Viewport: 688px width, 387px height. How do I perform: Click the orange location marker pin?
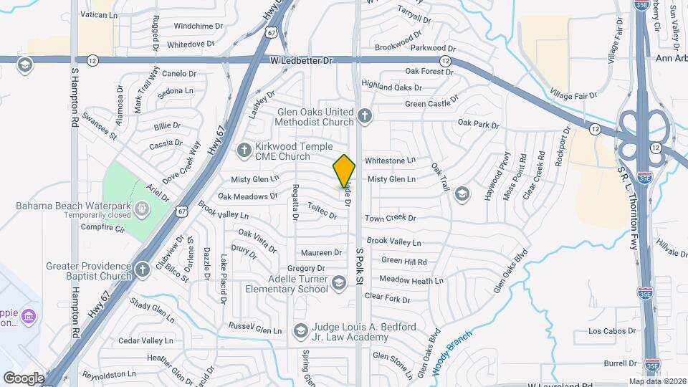[x=345, y=171]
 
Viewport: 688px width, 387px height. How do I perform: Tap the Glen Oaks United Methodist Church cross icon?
[x=365, y=115]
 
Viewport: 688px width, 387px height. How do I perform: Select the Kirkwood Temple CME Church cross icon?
[x=244, y=150]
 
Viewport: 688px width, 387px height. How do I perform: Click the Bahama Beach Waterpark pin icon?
[x=142, y=209]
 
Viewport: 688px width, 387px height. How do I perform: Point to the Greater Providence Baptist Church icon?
[x=142, y=270]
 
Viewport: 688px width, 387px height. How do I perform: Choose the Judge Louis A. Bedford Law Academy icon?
[x=300, y=331]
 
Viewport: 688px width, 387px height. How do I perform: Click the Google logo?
[x=24, y=378]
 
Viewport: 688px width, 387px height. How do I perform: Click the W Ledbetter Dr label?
[x=302, y=62]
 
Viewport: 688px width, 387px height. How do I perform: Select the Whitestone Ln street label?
[x=390, y=161]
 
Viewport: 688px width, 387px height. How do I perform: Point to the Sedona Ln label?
[x=176, y=92]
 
